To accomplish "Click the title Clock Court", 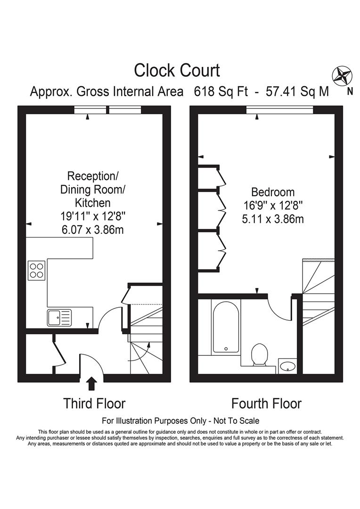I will tap(177, 71).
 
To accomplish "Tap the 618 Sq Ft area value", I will tap(221, 91).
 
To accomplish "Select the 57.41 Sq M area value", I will tap(297, 91).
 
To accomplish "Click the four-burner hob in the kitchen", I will tap(37, 270).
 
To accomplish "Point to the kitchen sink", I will tap(59, 318).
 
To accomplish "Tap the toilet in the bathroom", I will tap(260, 354).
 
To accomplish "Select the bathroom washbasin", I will tap(287, 365).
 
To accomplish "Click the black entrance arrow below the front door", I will tap(91, 384).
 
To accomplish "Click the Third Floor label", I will tap(95, 403).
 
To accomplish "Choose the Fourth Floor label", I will tap(266, 403).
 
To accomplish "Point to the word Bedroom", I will tap(273, 192).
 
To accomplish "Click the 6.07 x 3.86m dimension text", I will tap(92, 230).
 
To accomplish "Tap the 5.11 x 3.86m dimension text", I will tap(273, 219).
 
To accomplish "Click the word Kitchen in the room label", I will tap(93, 203).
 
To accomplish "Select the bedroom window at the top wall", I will tap(279, 110).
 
